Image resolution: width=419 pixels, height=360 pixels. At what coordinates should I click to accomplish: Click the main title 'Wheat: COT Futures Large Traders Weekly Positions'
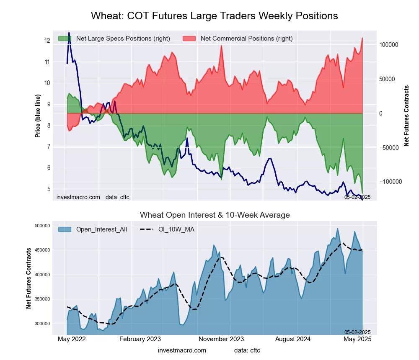click(215, 16)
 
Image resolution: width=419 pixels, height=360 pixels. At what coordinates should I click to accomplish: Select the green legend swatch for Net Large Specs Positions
click(65, 39)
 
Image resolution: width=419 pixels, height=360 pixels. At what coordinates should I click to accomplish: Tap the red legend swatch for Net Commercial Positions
click(189, 39)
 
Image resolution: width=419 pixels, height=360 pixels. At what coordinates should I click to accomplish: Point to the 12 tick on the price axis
click(47, 41)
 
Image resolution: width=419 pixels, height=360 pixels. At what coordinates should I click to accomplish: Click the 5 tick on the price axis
click(49, 189)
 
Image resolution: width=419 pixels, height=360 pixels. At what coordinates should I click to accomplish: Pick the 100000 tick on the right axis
click(388, 45)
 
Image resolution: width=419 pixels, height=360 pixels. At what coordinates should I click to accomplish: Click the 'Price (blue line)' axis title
click(38, 117)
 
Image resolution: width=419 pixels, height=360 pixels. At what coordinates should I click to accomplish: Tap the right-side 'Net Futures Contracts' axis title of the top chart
click(406, 116)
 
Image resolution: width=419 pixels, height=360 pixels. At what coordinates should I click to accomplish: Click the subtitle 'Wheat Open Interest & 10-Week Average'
click(215, 215)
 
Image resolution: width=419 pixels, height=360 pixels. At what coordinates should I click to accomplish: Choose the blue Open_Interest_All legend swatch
click(65, 229)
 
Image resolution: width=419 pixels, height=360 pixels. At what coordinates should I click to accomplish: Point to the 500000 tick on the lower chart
click(42, 226)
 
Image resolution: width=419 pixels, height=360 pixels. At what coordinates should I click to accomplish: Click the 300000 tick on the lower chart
click(42, 324)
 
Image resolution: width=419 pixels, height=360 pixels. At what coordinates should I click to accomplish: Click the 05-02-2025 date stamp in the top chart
click(357, 197)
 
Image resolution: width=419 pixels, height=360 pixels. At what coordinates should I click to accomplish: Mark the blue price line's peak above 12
click(69, 33)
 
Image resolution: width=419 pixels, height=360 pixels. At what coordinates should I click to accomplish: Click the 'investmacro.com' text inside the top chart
click(78, 197)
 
